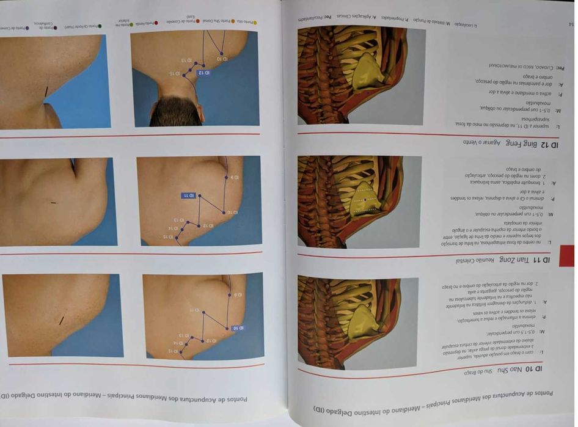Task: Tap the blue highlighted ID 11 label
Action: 190,195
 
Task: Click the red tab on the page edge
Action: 566,256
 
